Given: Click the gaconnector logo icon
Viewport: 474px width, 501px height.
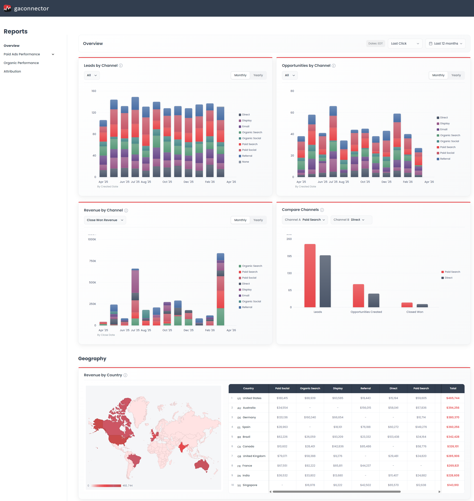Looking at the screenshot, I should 7,8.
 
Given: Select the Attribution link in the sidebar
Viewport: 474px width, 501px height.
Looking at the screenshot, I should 12,71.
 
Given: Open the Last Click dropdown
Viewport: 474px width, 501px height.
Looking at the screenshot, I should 405,43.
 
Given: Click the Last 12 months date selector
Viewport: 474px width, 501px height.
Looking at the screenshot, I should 445,43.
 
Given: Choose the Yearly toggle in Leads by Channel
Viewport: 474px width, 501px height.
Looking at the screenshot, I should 258,75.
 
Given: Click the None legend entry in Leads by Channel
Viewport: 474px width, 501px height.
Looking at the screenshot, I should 245,162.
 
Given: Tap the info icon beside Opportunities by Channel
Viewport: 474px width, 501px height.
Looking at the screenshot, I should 333,66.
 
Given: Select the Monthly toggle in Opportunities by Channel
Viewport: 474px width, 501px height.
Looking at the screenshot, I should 438,75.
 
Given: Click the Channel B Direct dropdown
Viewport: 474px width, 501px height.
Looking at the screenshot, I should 351,220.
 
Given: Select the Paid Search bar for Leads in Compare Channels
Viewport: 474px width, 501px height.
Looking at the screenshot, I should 310,275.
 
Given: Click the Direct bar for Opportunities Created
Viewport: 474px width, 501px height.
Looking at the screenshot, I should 373,300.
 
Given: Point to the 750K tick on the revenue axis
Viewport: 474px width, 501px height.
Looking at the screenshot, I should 92,261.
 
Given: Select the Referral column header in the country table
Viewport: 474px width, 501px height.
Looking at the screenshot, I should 365,388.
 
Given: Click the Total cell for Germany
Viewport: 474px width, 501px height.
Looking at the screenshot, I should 453,417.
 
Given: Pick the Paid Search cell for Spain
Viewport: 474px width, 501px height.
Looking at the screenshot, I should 421,427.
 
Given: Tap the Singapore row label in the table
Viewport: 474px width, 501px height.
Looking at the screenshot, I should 250,485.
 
